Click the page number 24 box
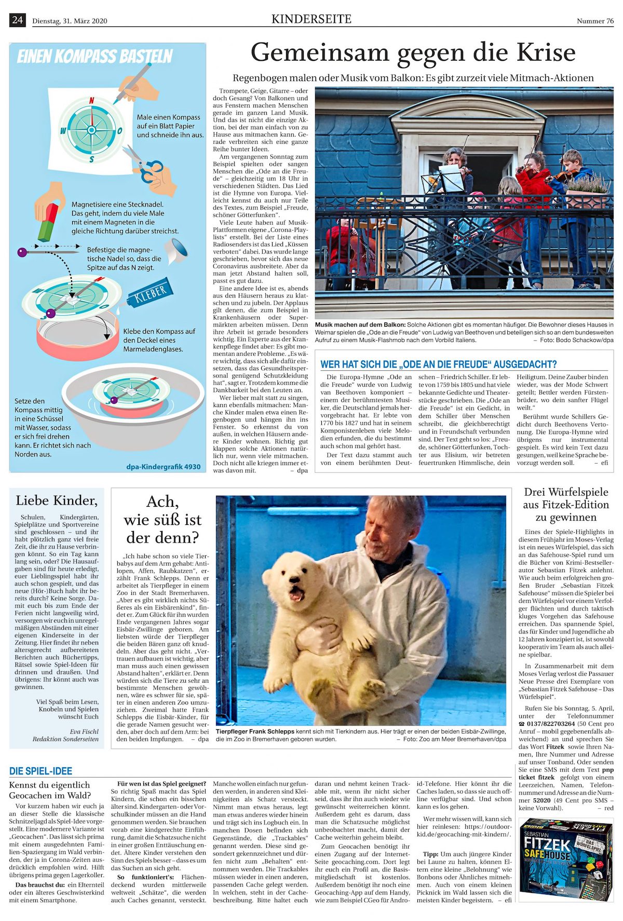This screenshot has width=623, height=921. tap(17, 20)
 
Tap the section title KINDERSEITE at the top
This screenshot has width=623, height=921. tap(311, 19)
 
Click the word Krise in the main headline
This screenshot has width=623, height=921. tap(546, 52)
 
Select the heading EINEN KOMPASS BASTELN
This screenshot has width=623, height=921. tap(95, 57)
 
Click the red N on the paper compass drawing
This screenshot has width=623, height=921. tap(92, 101)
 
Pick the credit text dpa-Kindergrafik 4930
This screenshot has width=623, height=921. tap(163, 466)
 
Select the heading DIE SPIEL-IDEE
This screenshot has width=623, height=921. tap(40, 770)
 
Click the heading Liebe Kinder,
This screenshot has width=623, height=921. tap(57, 500)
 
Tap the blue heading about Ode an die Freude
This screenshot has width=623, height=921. tap(438, 364)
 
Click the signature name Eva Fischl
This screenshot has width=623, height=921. tap(84, 732)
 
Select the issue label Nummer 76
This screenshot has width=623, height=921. tap(595, 21)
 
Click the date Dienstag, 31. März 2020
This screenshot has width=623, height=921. tap(70, 21)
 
